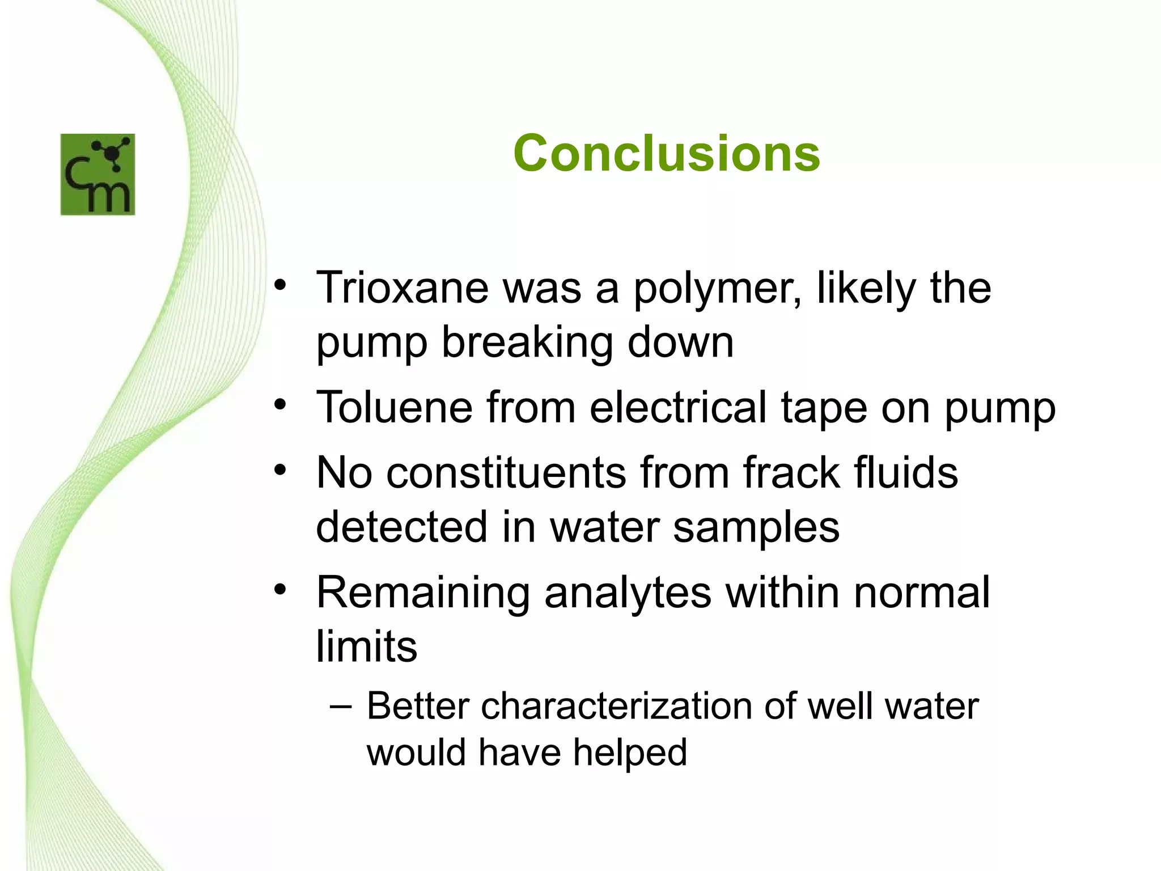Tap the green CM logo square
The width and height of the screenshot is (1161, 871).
tap(98, 175)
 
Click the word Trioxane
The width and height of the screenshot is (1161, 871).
tap(401, 288)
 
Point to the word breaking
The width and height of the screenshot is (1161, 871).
tap(527, 344)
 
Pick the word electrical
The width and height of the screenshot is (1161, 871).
tap(678, 407)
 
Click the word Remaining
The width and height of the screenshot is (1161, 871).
tap(423, 593)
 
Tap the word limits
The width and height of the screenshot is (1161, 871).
tap(366, 646)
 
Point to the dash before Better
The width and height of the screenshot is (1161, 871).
tap(340, 707)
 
